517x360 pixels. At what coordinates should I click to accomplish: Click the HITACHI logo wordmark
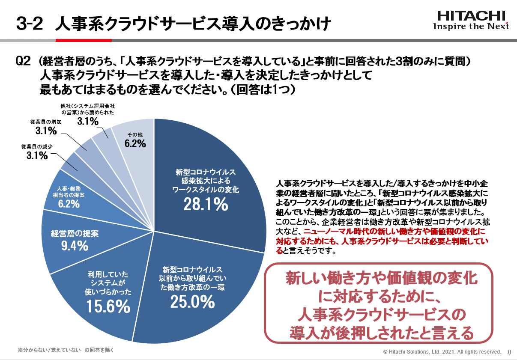(x=471, y=16)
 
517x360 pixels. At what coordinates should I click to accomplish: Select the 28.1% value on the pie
(x=206, y=205)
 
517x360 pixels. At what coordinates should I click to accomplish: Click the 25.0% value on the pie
(x=192, y=302)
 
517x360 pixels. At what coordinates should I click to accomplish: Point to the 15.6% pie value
(x=108, y=306)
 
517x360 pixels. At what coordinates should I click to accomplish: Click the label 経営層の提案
(x=75, y=234)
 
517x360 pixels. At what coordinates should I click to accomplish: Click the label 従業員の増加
(x=46, y=122)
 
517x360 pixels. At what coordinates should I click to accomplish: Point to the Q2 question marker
(x=23, y=61)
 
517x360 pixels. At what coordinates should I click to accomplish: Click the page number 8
(x=509, y=352)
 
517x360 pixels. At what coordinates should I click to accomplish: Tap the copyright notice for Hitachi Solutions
(x=442, y=352)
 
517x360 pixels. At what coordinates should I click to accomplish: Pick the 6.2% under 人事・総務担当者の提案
(x=69, y=204)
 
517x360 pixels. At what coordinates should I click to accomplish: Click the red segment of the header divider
(x=84, y=40)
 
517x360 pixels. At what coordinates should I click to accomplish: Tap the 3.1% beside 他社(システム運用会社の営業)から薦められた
(x=88, y=121)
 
